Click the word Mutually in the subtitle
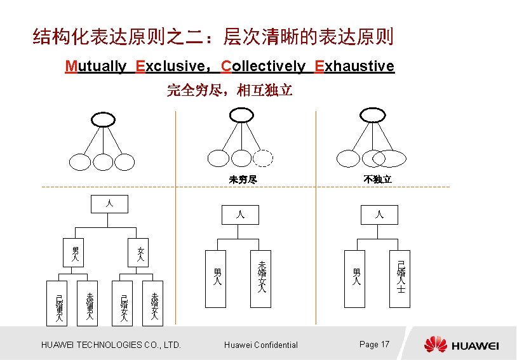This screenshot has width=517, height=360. (95, 66)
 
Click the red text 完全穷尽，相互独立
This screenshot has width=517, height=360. (229, 91)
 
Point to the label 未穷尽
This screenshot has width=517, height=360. (243, 180)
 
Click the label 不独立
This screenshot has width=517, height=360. (377, 180)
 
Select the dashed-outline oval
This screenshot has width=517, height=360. (264, 158)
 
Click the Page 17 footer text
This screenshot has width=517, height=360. (374, 344)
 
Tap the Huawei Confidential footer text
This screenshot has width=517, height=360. (261, 345)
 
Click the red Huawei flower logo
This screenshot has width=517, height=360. (436, 344)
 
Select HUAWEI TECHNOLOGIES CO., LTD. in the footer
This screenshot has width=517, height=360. (111, 345)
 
